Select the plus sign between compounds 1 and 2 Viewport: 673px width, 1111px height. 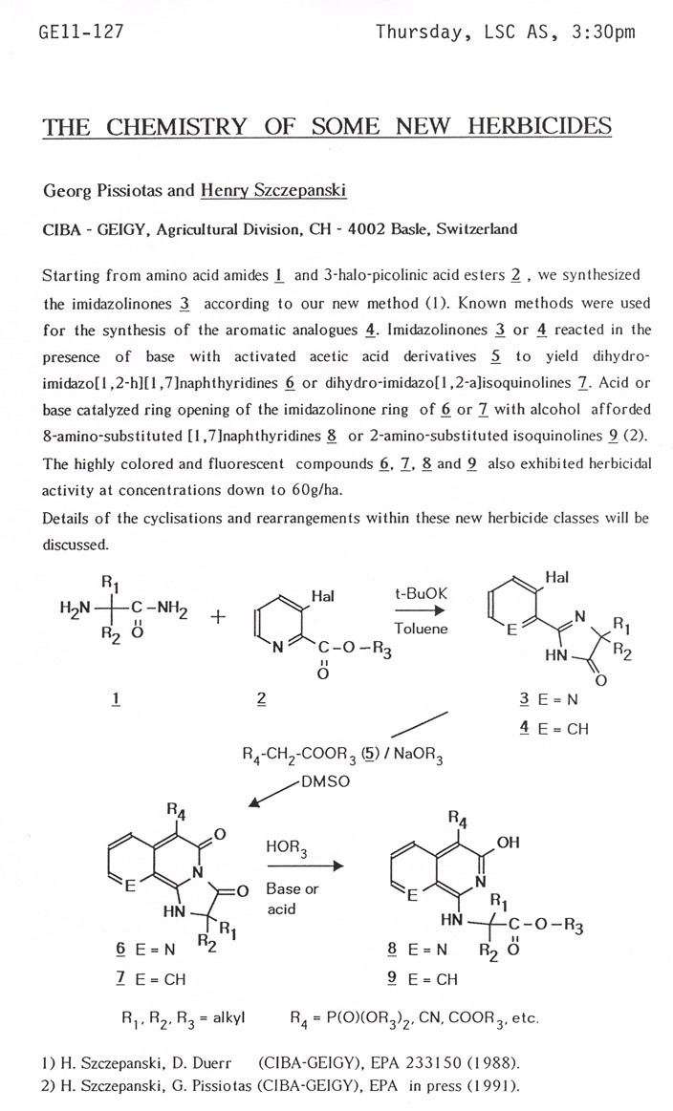[x=217, y=617]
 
